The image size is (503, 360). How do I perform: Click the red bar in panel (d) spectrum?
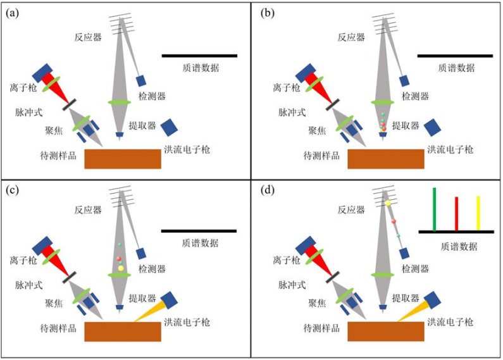point(456,214)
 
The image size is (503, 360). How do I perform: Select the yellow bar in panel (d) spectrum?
point(478,213)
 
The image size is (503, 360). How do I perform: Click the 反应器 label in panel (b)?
point(351,37)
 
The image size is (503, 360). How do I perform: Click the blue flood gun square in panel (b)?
point(433,127)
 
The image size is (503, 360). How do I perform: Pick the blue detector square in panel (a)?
point(141,80)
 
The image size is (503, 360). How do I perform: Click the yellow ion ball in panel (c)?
point(121,268)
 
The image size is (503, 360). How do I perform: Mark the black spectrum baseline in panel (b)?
point(454,56)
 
